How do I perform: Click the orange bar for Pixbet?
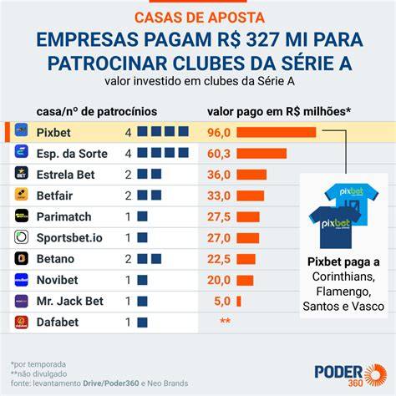point(277,132)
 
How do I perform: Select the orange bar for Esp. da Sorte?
point(261,154)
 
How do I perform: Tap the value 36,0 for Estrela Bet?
point(219,175)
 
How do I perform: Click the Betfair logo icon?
point(22,194)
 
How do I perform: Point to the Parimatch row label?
point(63,216)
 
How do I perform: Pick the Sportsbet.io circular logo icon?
point(22,236)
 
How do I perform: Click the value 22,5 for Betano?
point(219,259)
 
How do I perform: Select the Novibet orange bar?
point(245,280)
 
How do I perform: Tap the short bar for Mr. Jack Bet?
point(239,302)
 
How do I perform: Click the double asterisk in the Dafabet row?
point(226,321)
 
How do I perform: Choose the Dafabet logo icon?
point(22,322)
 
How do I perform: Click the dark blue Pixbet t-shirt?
point(335,227)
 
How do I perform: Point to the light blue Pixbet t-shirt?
point(352,202)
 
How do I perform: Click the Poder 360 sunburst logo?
point(375,375)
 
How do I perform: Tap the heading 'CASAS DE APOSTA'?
point(200,18)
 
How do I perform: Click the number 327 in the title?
point(262,39)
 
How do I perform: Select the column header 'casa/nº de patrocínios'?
point(97,112)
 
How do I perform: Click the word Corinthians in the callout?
point(343,277)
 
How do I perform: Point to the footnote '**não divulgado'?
point(39,373)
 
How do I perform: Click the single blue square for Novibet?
point(142,280)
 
